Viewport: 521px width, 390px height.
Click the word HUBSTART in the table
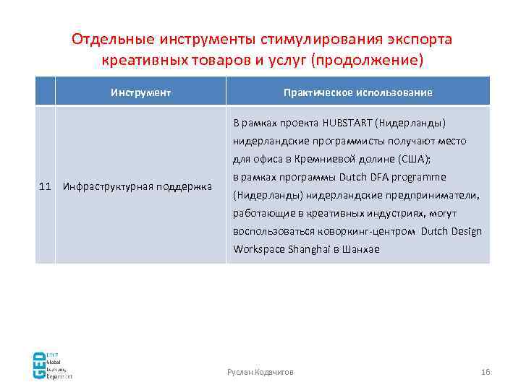click(346, 122)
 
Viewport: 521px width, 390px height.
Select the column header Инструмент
click(141, 92)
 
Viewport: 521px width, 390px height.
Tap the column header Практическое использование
click(358, 92)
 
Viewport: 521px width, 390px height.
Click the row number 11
click(45, 187)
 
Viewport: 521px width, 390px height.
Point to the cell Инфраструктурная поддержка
click(137, 187)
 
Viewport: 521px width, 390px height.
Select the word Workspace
click(256, 249)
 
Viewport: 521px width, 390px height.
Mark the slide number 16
click(485, 371)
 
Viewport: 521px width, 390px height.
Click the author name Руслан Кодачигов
click(260, 371)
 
